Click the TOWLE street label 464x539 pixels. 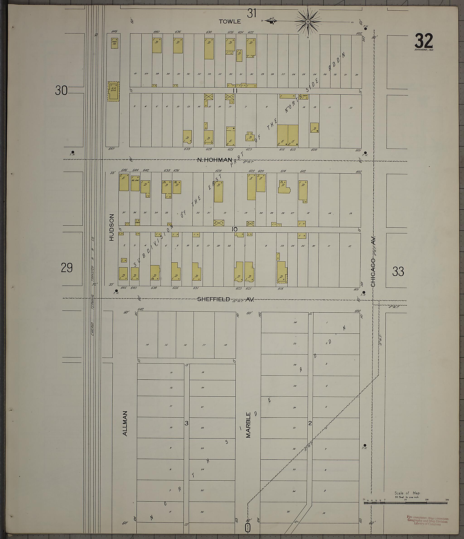(x=230, y=22)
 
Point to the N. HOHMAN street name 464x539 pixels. (x=214, y=160)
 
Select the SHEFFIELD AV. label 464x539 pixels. (x=225, y=299)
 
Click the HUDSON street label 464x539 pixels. (x=111, y=227)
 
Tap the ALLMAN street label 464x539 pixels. (x=125, y=423)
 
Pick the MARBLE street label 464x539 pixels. (x=248, y=425)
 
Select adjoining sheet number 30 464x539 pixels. (x=61, y=91)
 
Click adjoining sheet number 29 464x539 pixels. (x=67, y=268)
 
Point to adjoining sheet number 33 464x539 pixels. (x=398, y=272)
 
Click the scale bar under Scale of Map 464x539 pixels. (x=405, y=503)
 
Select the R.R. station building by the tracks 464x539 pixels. (x=114, y=91)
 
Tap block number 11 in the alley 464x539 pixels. (x=235, y=91)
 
